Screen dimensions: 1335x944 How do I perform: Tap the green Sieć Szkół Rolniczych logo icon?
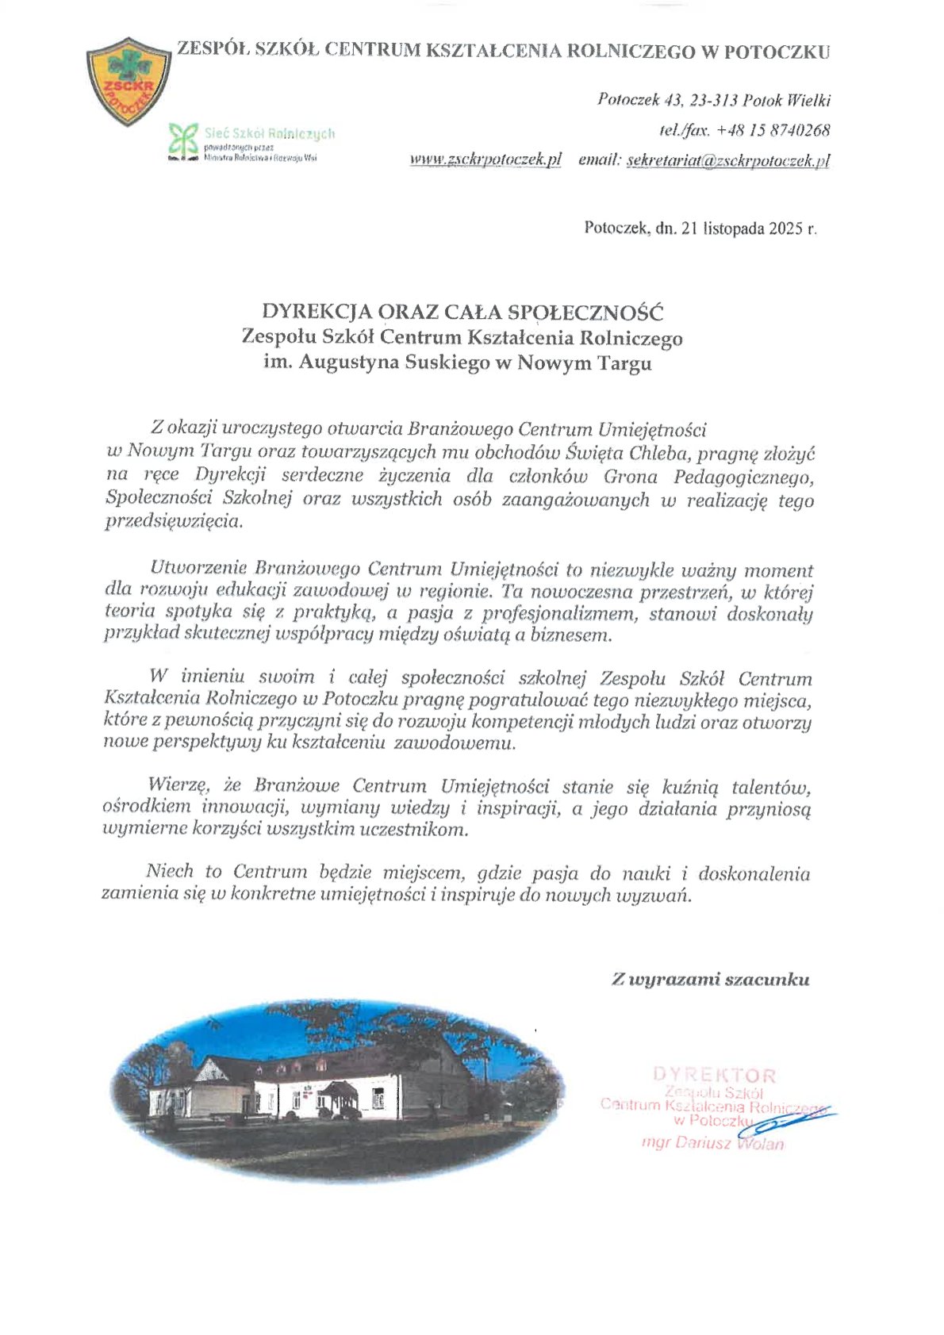[184, 140]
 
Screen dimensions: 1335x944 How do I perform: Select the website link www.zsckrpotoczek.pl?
[485, 159]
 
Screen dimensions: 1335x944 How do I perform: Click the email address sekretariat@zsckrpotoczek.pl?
[727, 160]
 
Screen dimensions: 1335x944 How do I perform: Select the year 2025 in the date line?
[784, 228]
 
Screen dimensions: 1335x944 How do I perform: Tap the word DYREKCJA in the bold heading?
[309, 311]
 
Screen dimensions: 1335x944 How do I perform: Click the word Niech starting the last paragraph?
[170, 871]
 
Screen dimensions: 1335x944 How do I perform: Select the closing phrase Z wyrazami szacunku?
[710, 980]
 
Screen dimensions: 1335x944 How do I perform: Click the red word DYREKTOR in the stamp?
[714, 1076]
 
